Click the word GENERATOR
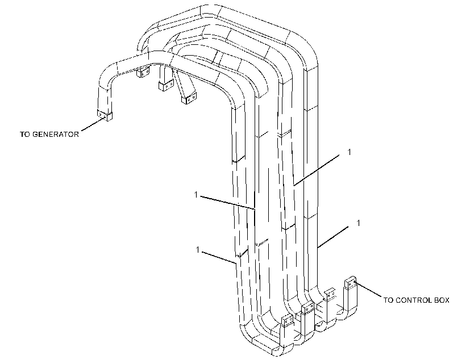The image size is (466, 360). (56, 134)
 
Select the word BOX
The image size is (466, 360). (442, 300)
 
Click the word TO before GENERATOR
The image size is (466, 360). (25, 134)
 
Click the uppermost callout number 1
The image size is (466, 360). (349, 152)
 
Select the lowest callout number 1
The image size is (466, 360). (198, 250)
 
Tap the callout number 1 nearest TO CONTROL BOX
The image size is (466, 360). (359, 223)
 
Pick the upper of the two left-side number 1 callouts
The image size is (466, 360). (196, 195)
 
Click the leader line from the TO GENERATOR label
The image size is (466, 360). (93, 124)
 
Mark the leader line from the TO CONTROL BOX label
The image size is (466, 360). (368, 290)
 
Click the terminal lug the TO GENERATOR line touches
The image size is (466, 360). (105, 115)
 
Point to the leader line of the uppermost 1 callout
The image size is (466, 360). (316, 170)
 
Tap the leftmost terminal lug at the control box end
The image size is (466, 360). (288, 320)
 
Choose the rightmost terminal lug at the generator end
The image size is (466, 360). (189, 98)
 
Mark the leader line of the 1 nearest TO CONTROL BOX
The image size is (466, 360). (333, 237)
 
